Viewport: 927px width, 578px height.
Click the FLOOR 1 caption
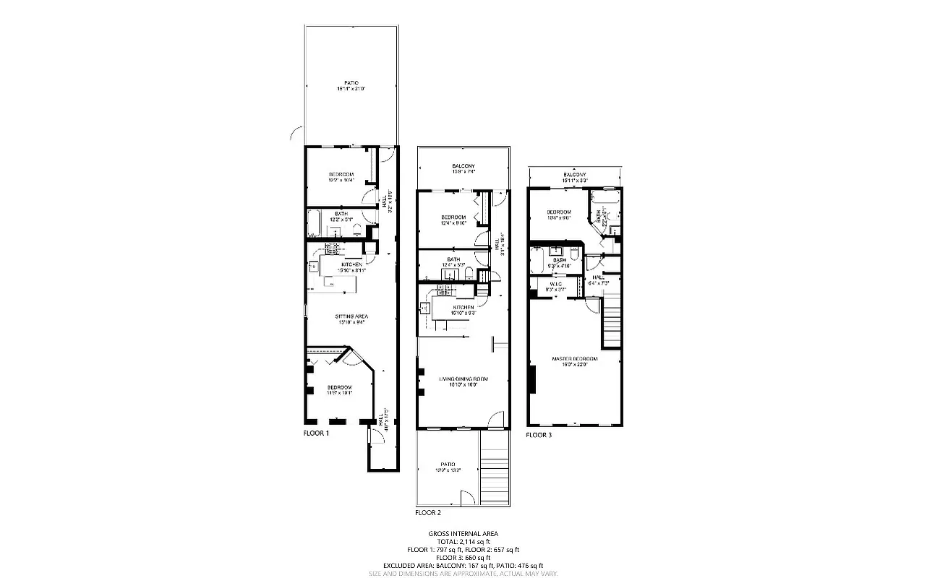coord(316,433)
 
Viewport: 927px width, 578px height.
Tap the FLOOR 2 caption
coord(428,513)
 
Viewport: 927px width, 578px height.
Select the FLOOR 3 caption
coord(538,435)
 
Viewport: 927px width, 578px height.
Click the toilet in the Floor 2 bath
coord(468,273)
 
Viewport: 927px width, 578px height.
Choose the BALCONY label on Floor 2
coord(463,168)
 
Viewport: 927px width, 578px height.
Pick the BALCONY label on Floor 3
coord(575,176)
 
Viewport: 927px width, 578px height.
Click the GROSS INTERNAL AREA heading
coord(463,534)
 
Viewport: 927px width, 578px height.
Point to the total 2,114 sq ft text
coord(463,542)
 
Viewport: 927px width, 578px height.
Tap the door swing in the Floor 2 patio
coord(466,498)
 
